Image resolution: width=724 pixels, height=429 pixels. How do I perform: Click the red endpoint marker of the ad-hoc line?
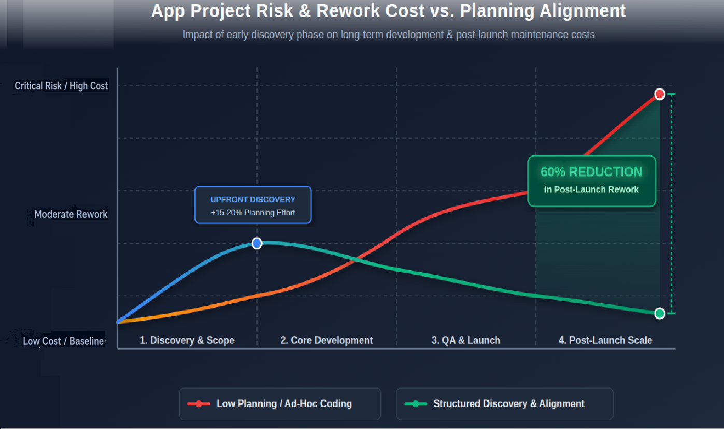coord(659,94)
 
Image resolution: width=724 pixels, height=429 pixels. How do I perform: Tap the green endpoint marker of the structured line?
coord(659,313)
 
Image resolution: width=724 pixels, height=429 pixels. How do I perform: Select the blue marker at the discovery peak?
coord(257,243)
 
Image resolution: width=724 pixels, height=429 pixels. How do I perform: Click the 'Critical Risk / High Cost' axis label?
coord(61,86)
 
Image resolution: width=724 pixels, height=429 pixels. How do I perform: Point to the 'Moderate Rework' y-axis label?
coord(71,214)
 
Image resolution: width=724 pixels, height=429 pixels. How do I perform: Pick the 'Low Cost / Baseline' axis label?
coord(64,341)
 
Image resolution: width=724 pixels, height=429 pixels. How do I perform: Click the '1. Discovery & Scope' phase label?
coord(187,340)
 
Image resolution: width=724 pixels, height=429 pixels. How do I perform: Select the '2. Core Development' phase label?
coord(326,340)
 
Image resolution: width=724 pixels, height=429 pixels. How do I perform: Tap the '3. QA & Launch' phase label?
coord(466,340)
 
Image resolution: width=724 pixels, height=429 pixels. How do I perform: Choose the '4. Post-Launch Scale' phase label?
coord(605,340)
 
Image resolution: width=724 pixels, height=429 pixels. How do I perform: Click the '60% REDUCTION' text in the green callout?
coord(591,172)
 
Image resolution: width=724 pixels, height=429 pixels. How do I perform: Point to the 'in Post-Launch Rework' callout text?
coord(591,189)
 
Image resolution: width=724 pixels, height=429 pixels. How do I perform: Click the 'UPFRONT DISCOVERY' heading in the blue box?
coord(252,199)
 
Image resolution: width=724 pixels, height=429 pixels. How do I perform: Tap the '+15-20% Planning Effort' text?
coord(252,212)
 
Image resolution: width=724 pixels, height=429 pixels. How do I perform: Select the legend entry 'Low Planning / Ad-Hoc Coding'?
coord(284,404)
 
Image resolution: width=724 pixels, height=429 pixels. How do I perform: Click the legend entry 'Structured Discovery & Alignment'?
coord(509,404)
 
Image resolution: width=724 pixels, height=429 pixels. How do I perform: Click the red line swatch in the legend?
coord(198,404)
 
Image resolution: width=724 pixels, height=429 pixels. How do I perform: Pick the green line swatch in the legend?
coord(416,404)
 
